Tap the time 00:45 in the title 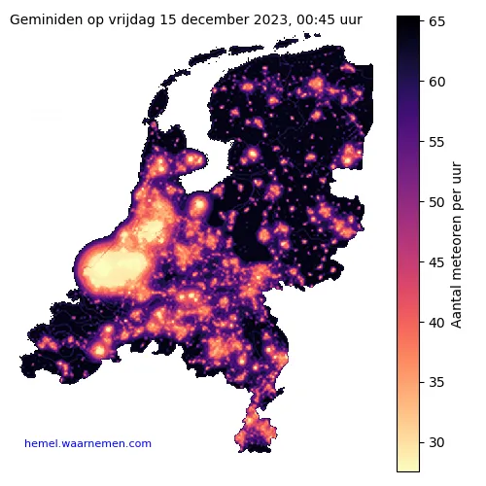[x=316, y=19]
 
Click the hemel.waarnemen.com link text [x=87, y=444]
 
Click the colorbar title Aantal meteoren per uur [x=456, y=243]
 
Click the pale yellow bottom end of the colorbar [x=408, y=466]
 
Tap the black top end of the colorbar [x=408, y=21]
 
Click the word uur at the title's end [x=351, y=19]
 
